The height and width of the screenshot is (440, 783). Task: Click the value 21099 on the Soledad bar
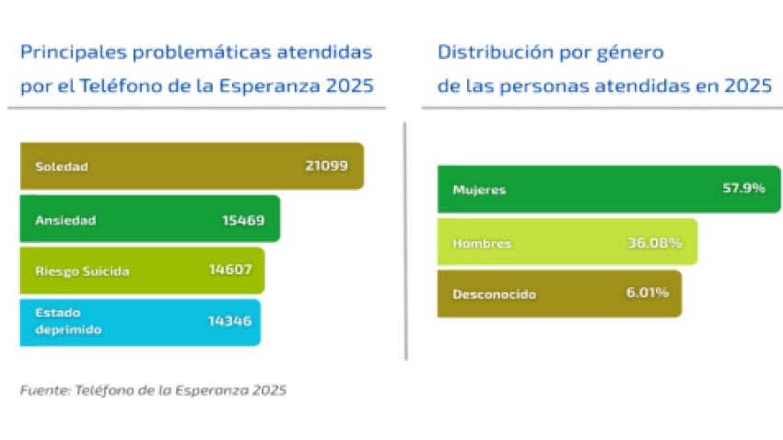(326, 167)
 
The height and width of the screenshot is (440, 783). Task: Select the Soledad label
(61, 167)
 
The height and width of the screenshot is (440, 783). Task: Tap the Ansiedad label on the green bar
(65, 220)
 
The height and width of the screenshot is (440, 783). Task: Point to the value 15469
(243, 220)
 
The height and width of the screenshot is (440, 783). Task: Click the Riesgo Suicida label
(82, 272)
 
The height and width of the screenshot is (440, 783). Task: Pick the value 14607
(230, 272)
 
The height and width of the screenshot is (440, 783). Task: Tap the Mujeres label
(479, 190)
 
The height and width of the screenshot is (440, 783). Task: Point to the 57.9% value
(743, 189)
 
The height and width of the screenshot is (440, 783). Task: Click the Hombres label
(482, 243)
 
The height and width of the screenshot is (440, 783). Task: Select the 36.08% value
(654, 243)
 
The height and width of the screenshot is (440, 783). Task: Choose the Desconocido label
(494, 295)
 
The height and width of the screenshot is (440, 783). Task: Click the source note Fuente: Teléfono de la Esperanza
(153, 390)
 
